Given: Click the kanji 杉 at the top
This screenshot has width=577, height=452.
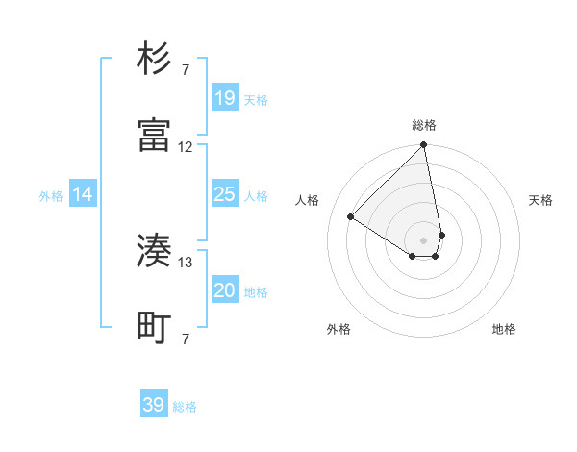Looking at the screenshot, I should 154,59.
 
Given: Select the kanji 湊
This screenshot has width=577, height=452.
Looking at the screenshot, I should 154,252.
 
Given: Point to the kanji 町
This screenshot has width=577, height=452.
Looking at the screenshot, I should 154,329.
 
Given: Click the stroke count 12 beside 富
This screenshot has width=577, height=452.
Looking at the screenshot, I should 186,147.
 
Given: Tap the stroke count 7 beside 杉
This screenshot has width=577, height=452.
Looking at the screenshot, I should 186,69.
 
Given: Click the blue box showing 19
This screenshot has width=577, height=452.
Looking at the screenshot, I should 224,98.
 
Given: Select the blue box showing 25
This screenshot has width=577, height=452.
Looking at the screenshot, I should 224,194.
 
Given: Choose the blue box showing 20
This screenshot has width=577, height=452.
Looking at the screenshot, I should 224,290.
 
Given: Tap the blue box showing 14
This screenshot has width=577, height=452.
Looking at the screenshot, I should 83,194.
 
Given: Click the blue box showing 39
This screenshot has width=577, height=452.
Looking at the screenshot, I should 154,405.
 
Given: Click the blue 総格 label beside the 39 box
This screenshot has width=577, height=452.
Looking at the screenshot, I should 185,407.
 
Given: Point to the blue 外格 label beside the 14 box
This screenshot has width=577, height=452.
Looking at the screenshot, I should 51,196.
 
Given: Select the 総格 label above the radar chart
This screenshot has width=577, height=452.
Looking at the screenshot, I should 424,125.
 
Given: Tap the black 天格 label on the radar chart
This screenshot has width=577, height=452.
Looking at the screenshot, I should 541,200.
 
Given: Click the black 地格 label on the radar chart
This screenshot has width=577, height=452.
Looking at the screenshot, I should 504,329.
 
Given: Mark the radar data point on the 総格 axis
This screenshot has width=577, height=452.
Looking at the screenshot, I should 424,146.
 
